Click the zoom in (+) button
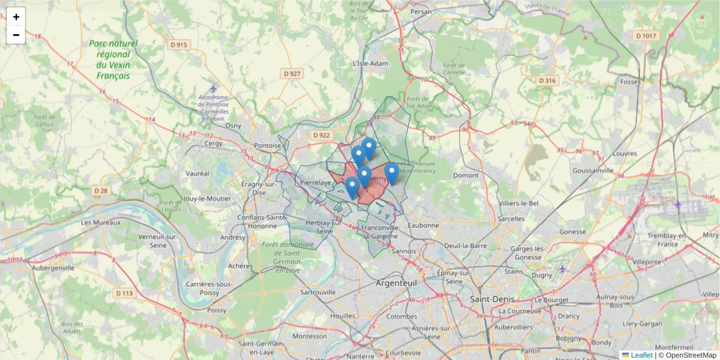[x=16, y=17]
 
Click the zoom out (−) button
[x=16, y=35]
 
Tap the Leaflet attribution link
[x=641, y=355]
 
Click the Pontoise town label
[x=267, y=145]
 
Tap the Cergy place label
[x=214, y=143]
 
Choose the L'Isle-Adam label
[x=370, y=63]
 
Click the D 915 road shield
[x=178, y=44]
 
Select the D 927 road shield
[x=292, y=73]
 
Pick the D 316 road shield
[x=547, y=80]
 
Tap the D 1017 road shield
[x=646, y=36]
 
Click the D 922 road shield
[x=322, y=135]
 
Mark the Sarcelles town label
[x=511, y=219]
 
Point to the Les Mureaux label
[x=94, y=223]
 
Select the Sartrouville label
[x=318, y=292]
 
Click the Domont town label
[x=466, y=175]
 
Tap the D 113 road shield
[x=124, y=293]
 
